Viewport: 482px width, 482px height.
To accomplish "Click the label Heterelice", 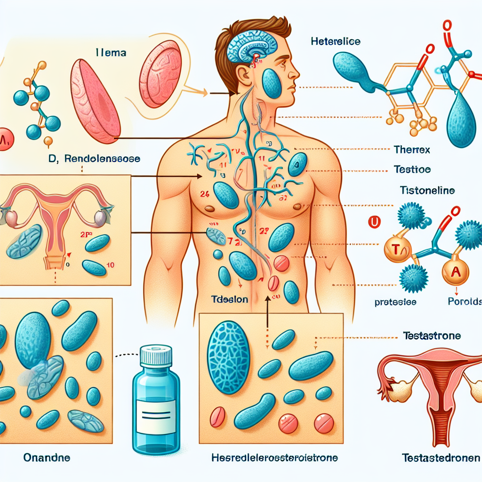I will (x=336, y=42).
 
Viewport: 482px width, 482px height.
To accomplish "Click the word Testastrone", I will (x=432, y=336).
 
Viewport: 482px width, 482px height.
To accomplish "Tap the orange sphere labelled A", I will (x=454, y=272).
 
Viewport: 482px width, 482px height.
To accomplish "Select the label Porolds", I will (x=464, y=302).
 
